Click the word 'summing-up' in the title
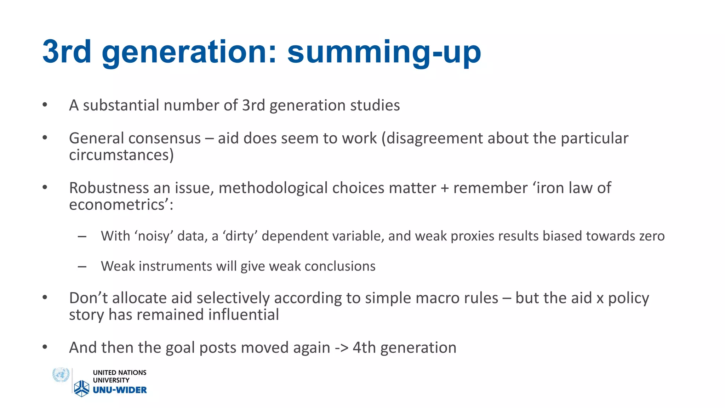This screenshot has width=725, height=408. click(x=384, y=52)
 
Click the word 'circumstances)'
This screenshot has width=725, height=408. click(x=121, y=155)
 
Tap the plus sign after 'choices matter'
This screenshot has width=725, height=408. click(x=445, y=188)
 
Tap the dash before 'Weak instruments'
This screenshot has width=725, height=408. click(x=82, y=267)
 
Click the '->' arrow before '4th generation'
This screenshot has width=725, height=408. click(x=341, y=348)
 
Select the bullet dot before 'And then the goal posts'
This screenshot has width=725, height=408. click(x=45, y=347)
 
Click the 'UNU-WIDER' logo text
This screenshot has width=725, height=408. click(x=120, y=390)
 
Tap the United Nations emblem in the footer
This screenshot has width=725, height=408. click(x=61, y=375)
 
